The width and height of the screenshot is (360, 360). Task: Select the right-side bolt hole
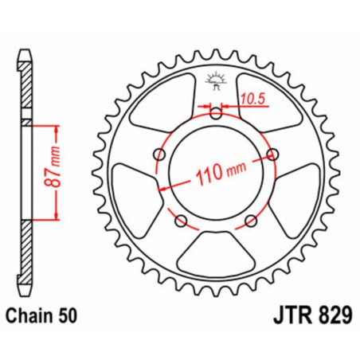point(273,154)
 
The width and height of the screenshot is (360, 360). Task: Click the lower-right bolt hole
point(252,220)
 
